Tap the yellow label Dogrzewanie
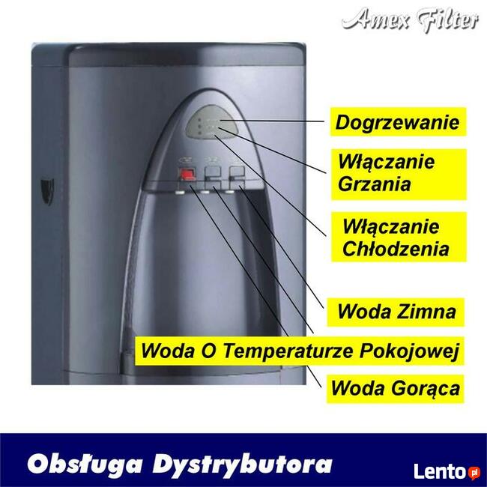tap(397, 122)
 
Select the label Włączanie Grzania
tap(386, 173)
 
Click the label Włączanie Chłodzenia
tap(395, 237)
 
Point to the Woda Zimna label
tap(396, 311)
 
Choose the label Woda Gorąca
tap(395, 387)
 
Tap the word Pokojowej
tap(416, 350)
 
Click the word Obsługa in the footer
tap(83, 464)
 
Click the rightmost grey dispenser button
tap(238, 175)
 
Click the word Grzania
tap(375, 184)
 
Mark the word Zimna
tap(426, 311)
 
